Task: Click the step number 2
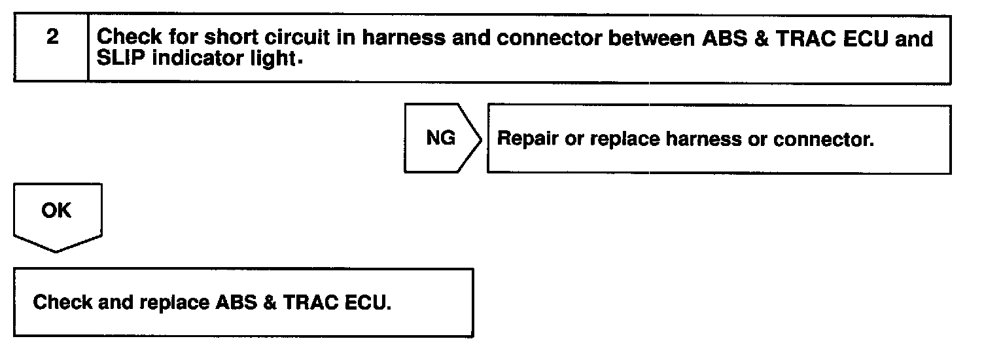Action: [52, 37]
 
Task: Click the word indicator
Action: [194, 59]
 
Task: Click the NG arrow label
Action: [440, 139]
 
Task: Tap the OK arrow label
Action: [56, 211]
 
